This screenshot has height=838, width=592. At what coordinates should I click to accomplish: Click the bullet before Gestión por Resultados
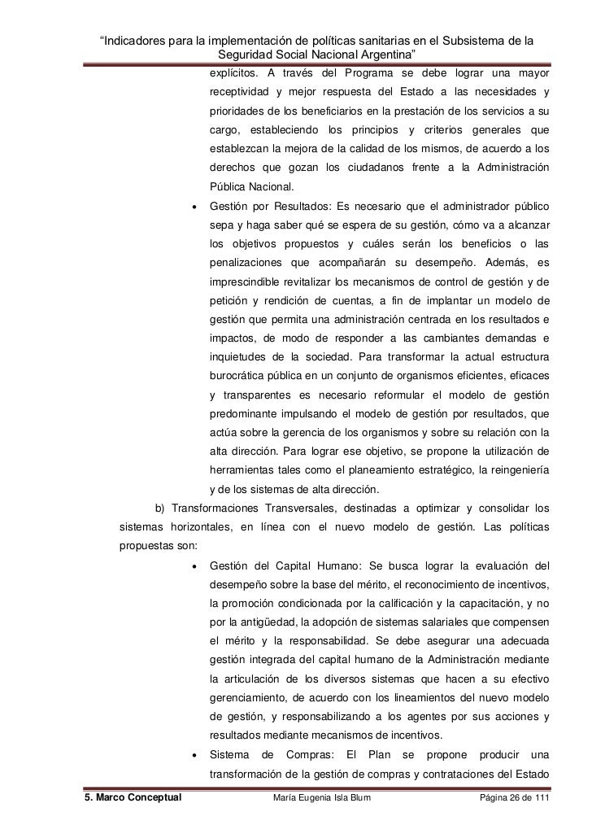point(193,207)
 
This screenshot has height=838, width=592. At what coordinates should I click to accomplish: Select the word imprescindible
point(247,282)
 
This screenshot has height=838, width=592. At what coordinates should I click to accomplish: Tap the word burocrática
point(241,377)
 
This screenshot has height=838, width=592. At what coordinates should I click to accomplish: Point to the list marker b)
point(160,509)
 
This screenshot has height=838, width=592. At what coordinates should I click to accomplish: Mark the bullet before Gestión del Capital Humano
point(193,566)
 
